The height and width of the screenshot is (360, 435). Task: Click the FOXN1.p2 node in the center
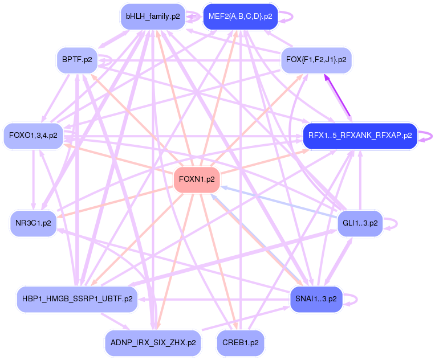197,179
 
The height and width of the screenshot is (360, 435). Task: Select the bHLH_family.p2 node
153,16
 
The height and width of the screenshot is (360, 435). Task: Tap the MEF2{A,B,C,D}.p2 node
240,16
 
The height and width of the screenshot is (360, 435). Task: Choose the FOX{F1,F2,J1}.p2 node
316,59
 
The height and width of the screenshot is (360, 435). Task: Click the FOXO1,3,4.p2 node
33,136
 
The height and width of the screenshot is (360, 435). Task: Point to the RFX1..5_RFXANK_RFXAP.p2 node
360,136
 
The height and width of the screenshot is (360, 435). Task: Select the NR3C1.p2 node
33,223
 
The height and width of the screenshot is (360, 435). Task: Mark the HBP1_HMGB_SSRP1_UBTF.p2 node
76,298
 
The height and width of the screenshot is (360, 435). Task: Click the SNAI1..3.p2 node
316,298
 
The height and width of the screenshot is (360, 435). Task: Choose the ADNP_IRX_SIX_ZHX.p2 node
153,343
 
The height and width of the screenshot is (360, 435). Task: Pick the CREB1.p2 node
240,343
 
